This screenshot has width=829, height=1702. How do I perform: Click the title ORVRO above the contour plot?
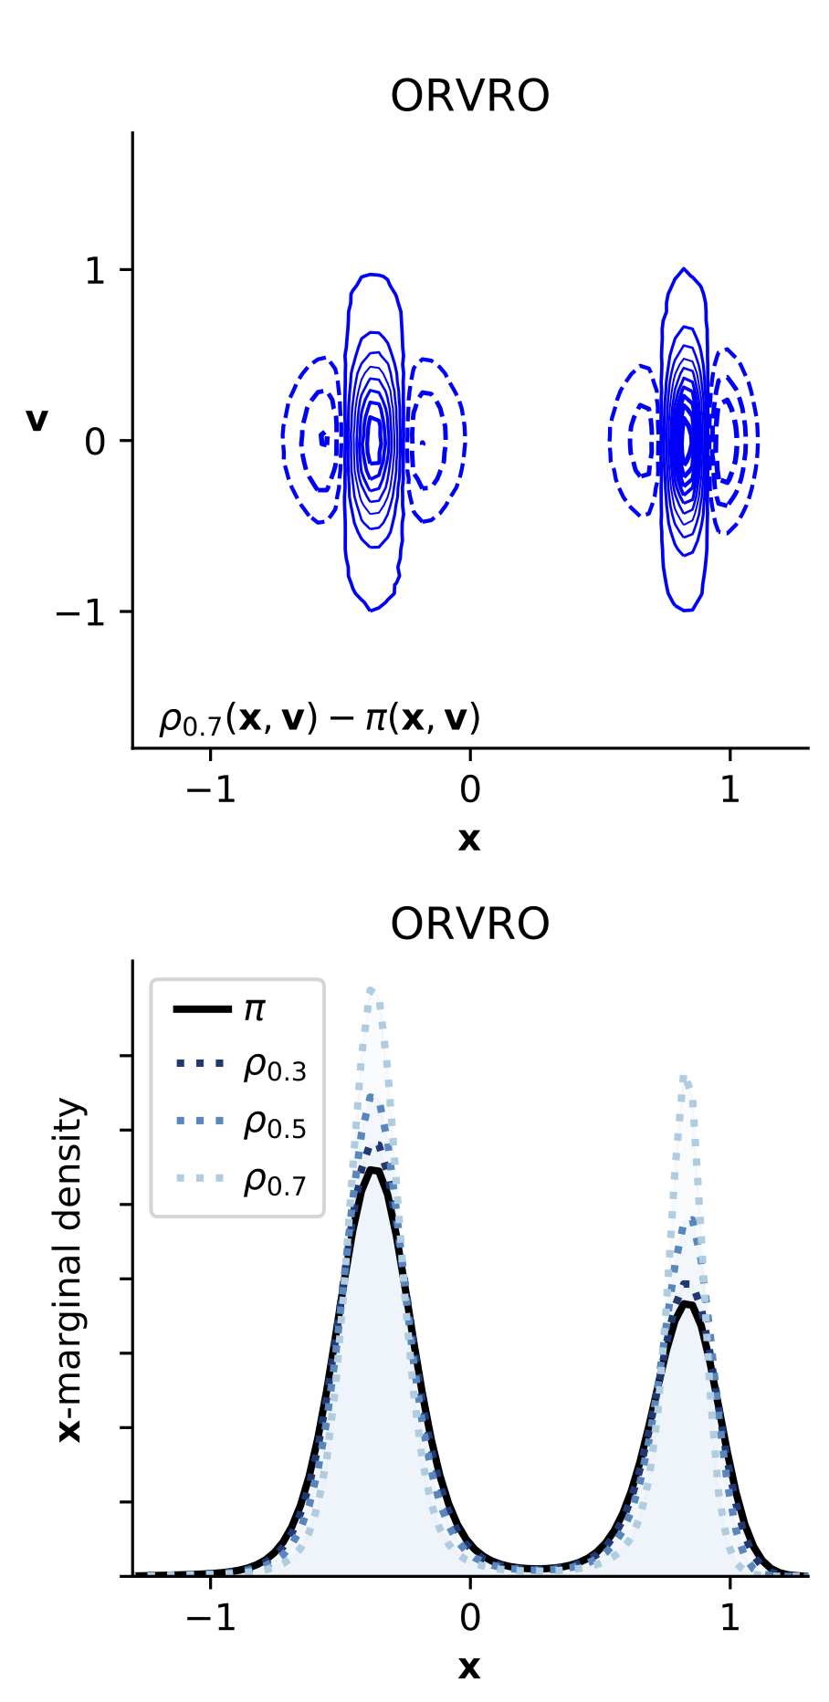click(x=469, y=96)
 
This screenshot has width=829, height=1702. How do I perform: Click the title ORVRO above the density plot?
click(x=469, y=924)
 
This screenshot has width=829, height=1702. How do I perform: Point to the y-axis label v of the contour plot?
click(x=37, y=420)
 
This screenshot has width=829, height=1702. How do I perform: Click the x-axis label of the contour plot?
click(x=469, y=839)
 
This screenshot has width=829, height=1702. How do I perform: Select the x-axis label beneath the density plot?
click(x=469, y=1666)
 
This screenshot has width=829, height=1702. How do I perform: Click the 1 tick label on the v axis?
click(x=95, y=270)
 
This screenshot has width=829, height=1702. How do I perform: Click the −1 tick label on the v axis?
click(x=84, y=611)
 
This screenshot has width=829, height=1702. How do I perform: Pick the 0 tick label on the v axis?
click(x=95, y=442)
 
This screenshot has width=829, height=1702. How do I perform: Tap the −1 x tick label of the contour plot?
click(x=210, y=789)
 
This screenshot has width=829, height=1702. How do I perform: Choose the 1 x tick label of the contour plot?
click(x=729, y=789)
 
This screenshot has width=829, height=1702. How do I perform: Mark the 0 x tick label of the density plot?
click(x=469, y=1617)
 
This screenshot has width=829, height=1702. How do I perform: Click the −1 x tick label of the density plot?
click(x=210, y=1617)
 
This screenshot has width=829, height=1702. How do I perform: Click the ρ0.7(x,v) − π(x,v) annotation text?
click(x=320, y=719)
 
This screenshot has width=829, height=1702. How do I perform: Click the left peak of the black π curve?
click(x=373, y=1169)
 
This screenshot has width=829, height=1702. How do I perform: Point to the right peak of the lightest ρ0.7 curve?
click(x=684, y=1079)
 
